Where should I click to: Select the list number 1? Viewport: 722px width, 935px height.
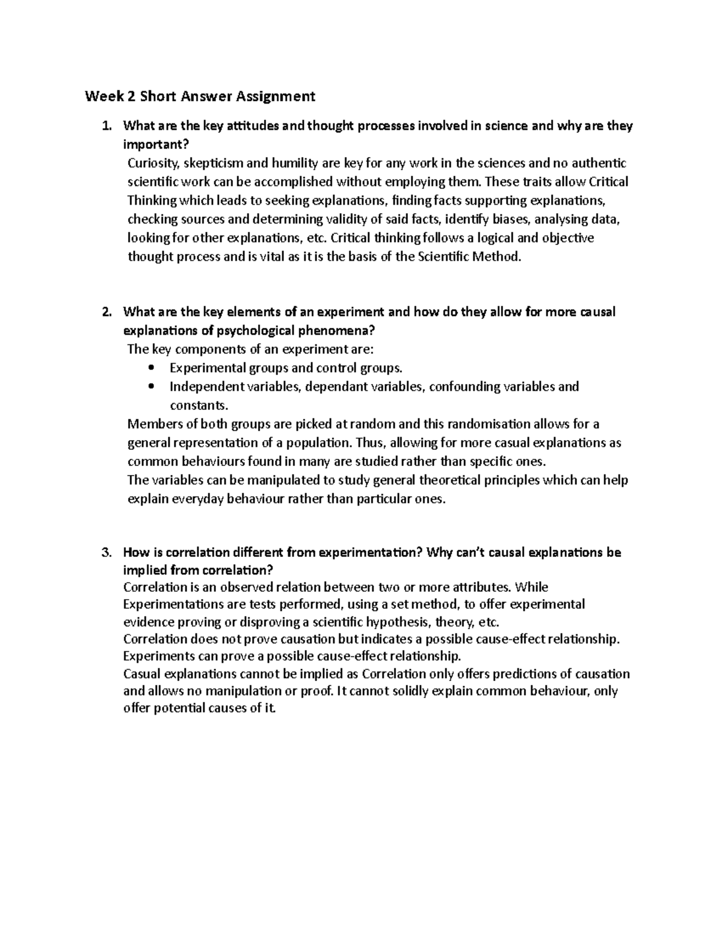coord(106,126)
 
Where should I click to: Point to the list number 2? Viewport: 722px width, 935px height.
coord(106,312)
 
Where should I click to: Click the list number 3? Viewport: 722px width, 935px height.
coord(106,553)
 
